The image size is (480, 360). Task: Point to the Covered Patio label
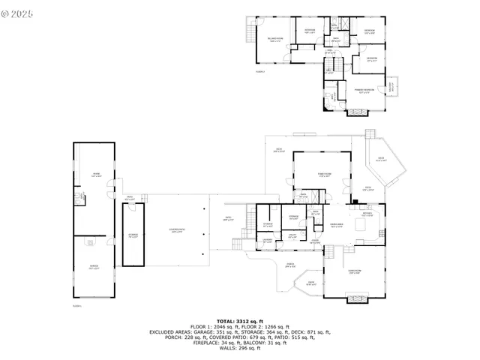click(x=177, y=231)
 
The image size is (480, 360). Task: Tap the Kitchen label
click(x=367, y=214)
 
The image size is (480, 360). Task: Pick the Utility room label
click(x=292, y=235)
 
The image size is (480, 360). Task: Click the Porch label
click(x=289, y=264)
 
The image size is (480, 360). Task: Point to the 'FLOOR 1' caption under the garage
click(x=76, y=306)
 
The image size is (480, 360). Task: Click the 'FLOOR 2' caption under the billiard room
click(x=260, y=72)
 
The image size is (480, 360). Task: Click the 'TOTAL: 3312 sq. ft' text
click(x=240, y=320)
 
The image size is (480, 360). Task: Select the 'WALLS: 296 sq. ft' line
click(x=240, y=348)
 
